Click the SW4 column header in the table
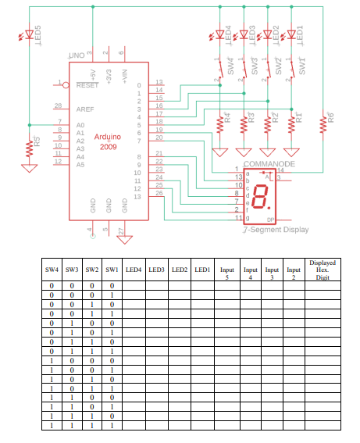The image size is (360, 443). coord(52,270)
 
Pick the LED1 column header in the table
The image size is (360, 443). coord(202,270)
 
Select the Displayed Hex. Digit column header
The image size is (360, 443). coord(322,270)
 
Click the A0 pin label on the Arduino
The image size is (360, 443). coord(81,125)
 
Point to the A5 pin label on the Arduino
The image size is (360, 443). coord(81,165)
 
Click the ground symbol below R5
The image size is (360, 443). coord(30,165)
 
